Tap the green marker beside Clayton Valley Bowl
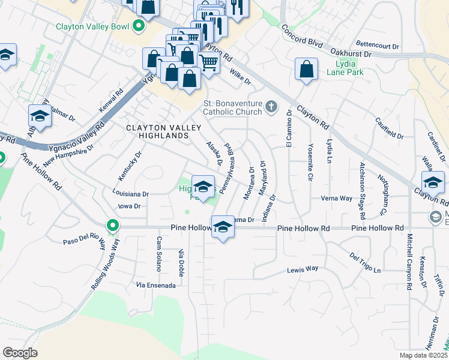139,26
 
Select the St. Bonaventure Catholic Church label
232,107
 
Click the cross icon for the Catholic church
271,107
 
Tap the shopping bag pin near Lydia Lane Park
307,69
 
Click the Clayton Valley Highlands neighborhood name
157,132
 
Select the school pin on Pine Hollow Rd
223,227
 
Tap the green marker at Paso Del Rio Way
112,226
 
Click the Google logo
20,353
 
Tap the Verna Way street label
336,198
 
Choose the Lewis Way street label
302,269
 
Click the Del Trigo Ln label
365,262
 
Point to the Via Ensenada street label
156,285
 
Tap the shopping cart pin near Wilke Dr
208,61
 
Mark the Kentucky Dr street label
130,166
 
